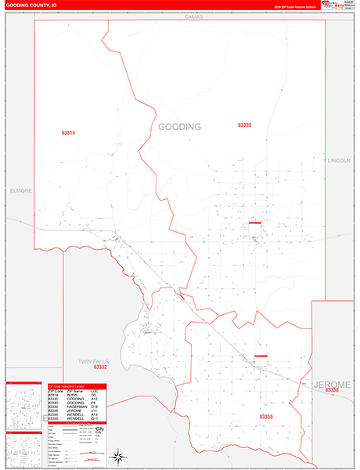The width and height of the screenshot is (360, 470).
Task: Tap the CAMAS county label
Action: [193, 16]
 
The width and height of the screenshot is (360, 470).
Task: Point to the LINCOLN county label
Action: [339, 160]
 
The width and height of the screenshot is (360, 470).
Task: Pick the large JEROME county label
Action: [334, 384]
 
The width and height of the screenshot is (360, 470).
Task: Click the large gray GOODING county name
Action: [179, 127]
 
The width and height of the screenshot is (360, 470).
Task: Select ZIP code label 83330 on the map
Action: [244, 125]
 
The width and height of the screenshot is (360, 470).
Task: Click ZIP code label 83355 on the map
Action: [268, 417]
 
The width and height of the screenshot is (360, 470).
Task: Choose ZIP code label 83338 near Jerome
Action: [333, 390]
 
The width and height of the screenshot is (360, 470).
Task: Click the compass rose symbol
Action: [117, 457]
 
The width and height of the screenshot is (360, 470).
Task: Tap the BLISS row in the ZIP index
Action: [74, 394]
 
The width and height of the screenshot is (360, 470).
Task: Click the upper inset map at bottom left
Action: [23, 406]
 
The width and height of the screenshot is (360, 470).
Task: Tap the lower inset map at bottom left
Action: [23, 450]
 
